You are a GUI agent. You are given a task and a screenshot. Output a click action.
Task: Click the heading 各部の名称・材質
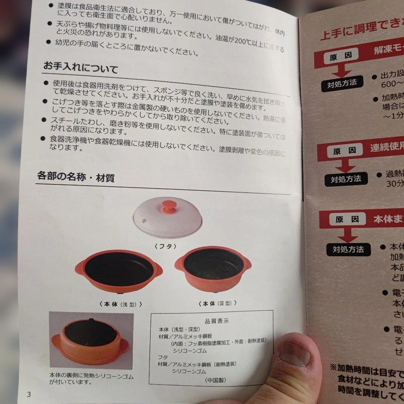(x=76, y=177)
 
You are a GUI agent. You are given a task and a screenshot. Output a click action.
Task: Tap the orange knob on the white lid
(x=169, y=206)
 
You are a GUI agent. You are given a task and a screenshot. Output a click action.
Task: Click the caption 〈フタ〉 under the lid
(x=165, y=246)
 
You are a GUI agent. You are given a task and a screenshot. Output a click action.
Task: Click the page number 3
(x=29, y=394)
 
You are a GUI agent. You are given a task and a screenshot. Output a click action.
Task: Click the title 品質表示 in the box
(x=217, y=321)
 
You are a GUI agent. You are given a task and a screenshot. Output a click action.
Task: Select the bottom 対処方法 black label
(x=348, y=249)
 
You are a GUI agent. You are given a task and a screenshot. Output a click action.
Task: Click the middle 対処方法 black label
(x=346, y=179)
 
